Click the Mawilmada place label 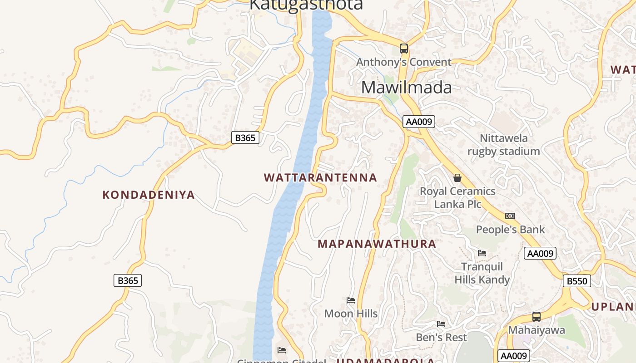(x=407, y=87)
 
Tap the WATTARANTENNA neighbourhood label (x=320, y=177)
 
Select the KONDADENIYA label (x=149, y=195)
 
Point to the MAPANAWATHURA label (x=377, y=244)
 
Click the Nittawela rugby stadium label (x=504, y=145)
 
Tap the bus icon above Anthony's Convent (x=403, y=48)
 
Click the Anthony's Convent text (x=404, y=62)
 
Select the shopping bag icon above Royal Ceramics (x=457, y=178)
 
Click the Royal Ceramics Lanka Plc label (x=457, y=197)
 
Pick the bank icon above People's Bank (x=510, y=216)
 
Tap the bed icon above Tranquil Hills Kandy (x=482, y=253)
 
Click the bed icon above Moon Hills (x=351, y=300)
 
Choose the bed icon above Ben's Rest (x=441, y=324)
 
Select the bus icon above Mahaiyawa (x=536, y=317)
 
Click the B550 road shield (x=577, y=281)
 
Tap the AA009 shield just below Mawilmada (x=419, y=122)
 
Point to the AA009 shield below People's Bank (x=540, y=253)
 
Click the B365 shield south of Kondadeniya (x=128, y=280)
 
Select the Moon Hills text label (x=351, y=314)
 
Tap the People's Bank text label (x=510, y=230)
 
